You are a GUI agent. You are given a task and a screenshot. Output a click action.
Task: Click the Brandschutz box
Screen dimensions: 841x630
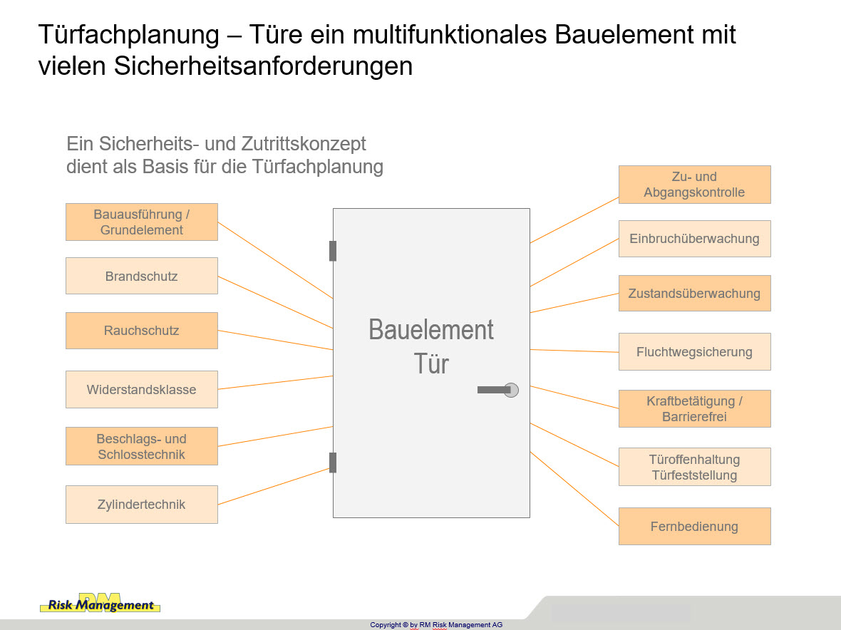142,276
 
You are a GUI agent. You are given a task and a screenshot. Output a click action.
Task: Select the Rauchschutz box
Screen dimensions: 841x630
142,330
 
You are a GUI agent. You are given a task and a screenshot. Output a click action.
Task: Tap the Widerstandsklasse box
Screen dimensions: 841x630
142,389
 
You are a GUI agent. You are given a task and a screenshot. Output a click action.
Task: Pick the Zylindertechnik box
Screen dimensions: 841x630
142,504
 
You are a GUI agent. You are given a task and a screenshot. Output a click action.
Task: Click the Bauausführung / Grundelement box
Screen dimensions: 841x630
142,222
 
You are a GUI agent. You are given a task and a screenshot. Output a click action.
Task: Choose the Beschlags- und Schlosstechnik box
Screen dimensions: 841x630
142,446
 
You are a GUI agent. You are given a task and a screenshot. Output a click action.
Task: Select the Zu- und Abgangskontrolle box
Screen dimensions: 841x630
695,185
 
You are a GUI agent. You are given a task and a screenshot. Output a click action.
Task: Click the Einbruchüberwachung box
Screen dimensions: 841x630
695,239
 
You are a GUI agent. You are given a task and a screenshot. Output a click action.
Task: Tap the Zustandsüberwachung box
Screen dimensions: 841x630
695,294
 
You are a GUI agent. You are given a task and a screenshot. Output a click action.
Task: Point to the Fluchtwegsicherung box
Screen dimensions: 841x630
695,352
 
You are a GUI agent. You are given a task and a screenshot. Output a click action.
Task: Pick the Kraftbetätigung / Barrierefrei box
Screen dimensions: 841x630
695,408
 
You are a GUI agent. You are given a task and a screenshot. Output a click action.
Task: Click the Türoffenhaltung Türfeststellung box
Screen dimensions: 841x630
695,467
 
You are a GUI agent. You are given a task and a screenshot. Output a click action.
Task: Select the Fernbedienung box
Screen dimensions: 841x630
695,526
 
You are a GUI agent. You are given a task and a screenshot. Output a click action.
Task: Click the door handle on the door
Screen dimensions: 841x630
497,390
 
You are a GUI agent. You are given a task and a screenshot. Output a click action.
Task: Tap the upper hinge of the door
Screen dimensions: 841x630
333,251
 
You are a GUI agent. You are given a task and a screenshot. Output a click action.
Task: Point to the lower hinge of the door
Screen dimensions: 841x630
333,463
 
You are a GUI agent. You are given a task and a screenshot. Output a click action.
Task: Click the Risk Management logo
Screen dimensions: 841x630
100,603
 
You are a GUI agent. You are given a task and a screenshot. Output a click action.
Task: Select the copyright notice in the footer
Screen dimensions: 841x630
436,624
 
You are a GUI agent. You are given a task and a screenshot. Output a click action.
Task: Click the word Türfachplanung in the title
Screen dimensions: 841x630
129,35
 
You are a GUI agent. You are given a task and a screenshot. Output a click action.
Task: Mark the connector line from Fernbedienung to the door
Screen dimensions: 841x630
574,488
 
